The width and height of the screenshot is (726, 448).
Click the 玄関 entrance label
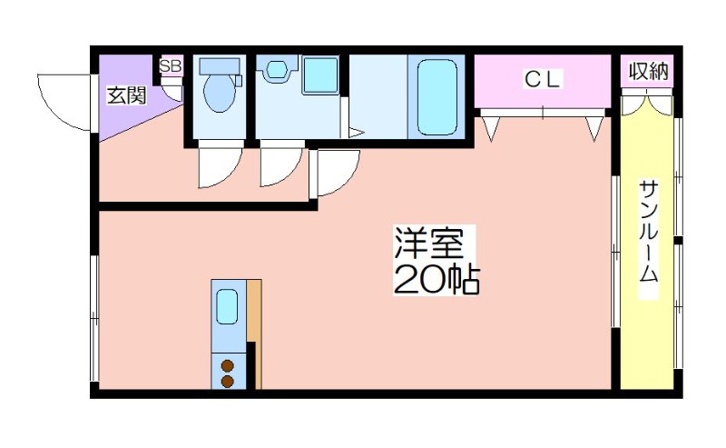[127, 95]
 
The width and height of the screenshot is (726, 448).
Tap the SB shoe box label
[171, 65]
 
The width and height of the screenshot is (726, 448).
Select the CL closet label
[543, 79]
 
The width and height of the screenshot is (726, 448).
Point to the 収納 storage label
[648, 72]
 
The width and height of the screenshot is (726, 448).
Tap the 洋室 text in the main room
[428, 243]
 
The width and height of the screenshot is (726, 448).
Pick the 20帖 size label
[437, 280]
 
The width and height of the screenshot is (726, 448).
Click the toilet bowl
[220, 93]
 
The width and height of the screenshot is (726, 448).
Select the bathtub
[437, 97]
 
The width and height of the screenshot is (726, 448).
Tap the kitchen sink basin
[228, 306]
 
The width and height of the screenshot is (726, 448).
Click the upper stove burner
[228, 366]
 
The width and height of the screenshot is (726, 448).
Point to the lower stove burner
[228, 382]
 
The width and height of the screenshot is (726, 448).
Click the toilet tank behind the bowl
[220, 65]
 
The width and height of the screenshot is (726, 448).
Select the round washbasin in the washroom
[277, 69]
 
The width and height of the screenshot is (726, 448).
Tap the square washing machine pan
[321, 75]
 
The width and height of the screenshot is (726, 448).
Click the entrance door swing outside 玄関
[64, 102]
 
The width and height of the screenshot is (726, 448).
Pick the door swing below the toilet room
[220, 168]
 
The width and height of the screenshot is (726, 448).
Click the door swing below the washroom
[281, 167]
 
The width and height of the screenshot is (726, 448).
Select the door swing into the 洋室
[338, 173]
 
